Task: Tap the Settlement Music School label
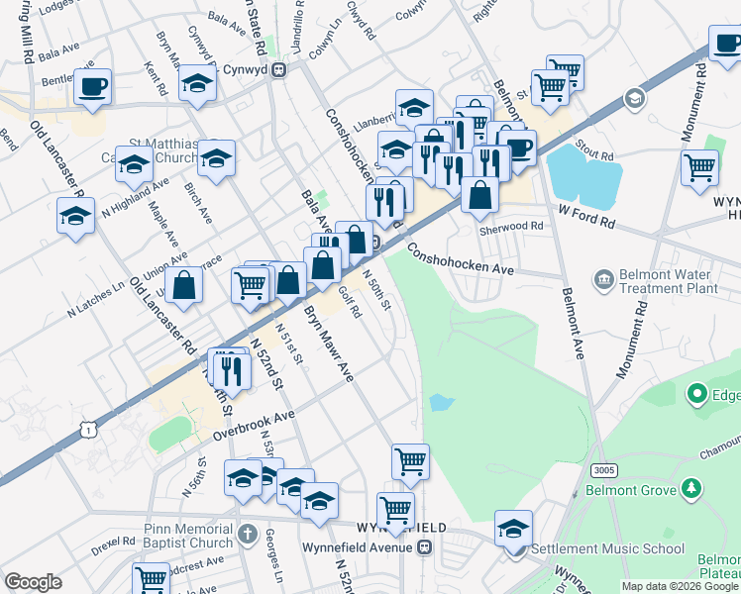point(607,548)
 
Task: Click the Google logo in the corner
point(33,582)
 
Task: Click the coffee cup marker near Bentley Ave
point(94,86)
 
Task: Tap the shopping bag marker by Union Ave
point(184,285)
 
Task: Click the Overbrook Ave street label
point(255,426)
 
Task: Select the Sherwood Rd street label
point(511,226)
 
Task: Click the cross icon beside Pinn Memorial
point(250,537)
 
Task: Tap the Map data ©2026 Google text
point(680,586)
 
